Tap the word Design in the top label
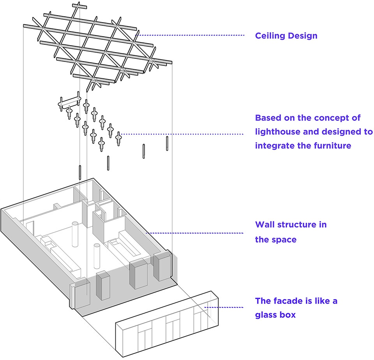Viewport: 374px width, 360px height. coord(303,36)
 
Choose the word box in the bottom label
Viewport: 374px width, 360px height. coord(288,315)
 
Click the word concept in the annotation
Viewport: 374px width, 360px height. coord(330,118)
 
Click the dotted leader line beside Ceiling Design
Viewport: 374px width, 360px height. coord(190,35)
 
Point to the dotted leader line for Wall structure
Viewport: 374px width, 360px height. coord(195,233)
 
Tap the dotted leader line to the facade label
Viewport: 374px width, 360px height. coord(224,307)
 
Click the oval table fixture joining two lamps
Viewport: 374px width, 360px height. coord(69,102)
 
